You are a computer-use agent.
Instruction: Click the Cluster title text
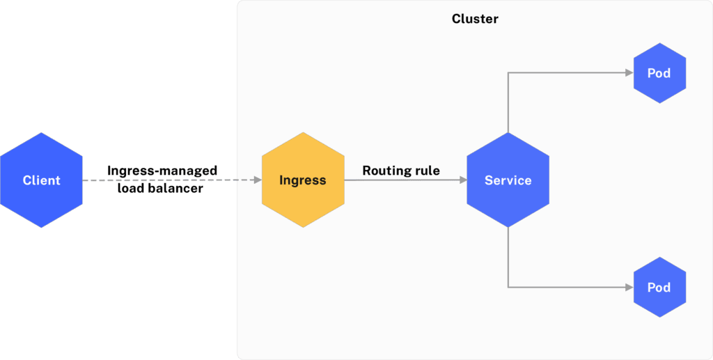(x=475, y=19)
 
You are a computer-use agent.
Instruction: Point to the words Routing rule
(x=401, y=171)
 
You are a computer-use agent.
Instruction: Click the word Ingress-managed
(x=162, y=171)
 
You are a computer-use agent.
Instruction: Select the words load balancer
(x=160, y=188)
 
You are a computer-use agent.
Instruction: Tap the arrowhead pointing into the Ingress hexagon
(x=257, y=180)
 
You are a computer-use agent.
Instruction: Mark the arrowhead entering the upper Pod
(x=629, y=73)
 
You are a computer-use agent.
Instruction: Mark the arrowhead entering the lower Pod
(x=629, y=287)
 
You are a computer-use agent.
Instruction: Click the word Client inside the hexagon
(x=41, y=180)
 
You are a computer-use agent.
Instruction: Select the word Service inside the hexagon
(x=508, y=180)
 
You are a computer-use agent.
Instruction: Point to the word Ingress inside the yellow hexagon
(x=302, y=180)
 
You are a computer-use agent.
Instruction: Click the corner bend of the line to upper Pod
(x=508, y=73)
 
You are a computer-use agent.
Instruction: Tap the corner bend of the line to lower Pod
(x=508, y=287)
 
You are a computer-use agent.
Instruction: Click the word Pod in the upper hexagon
(x=659, y=73)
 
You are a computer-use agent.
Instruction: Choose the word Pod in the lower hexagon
(x=659, y=288)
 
